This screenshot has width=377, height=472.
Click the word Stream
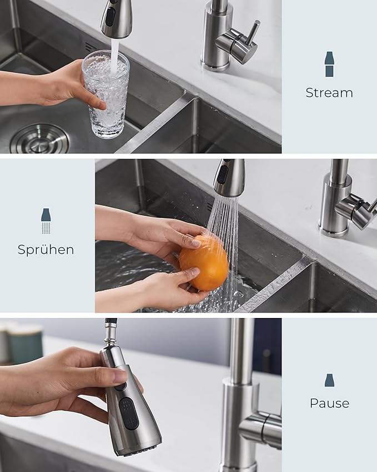(x=329, y=93)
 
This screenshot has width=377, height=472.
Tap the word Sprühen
(x=46, y=250)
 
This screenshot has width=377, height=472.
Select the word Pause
(x=329, y=403)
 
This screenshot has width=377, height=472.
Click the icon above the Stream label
(x=329, y=64)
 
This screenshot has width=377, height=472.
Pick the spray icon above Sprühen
(x=46, y=221)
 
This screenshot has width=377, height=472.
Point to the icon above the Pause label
(x=329, y=380)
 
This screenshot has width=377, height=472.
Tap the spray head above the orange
(x=229, y=177)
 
